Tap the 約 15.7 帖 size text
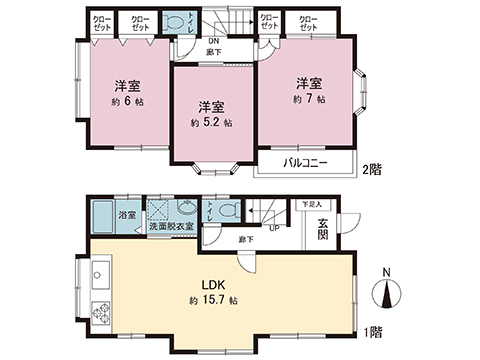[x=211, y=300]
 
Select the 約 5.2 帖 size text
[x=211, y=123]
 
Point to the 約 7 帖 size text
[x=309, y=100]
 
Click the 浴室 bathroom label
[x=128, y=214]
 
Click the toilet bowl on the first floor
[x=228, y=211]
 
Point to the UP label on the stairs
[x=273, y=226]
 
